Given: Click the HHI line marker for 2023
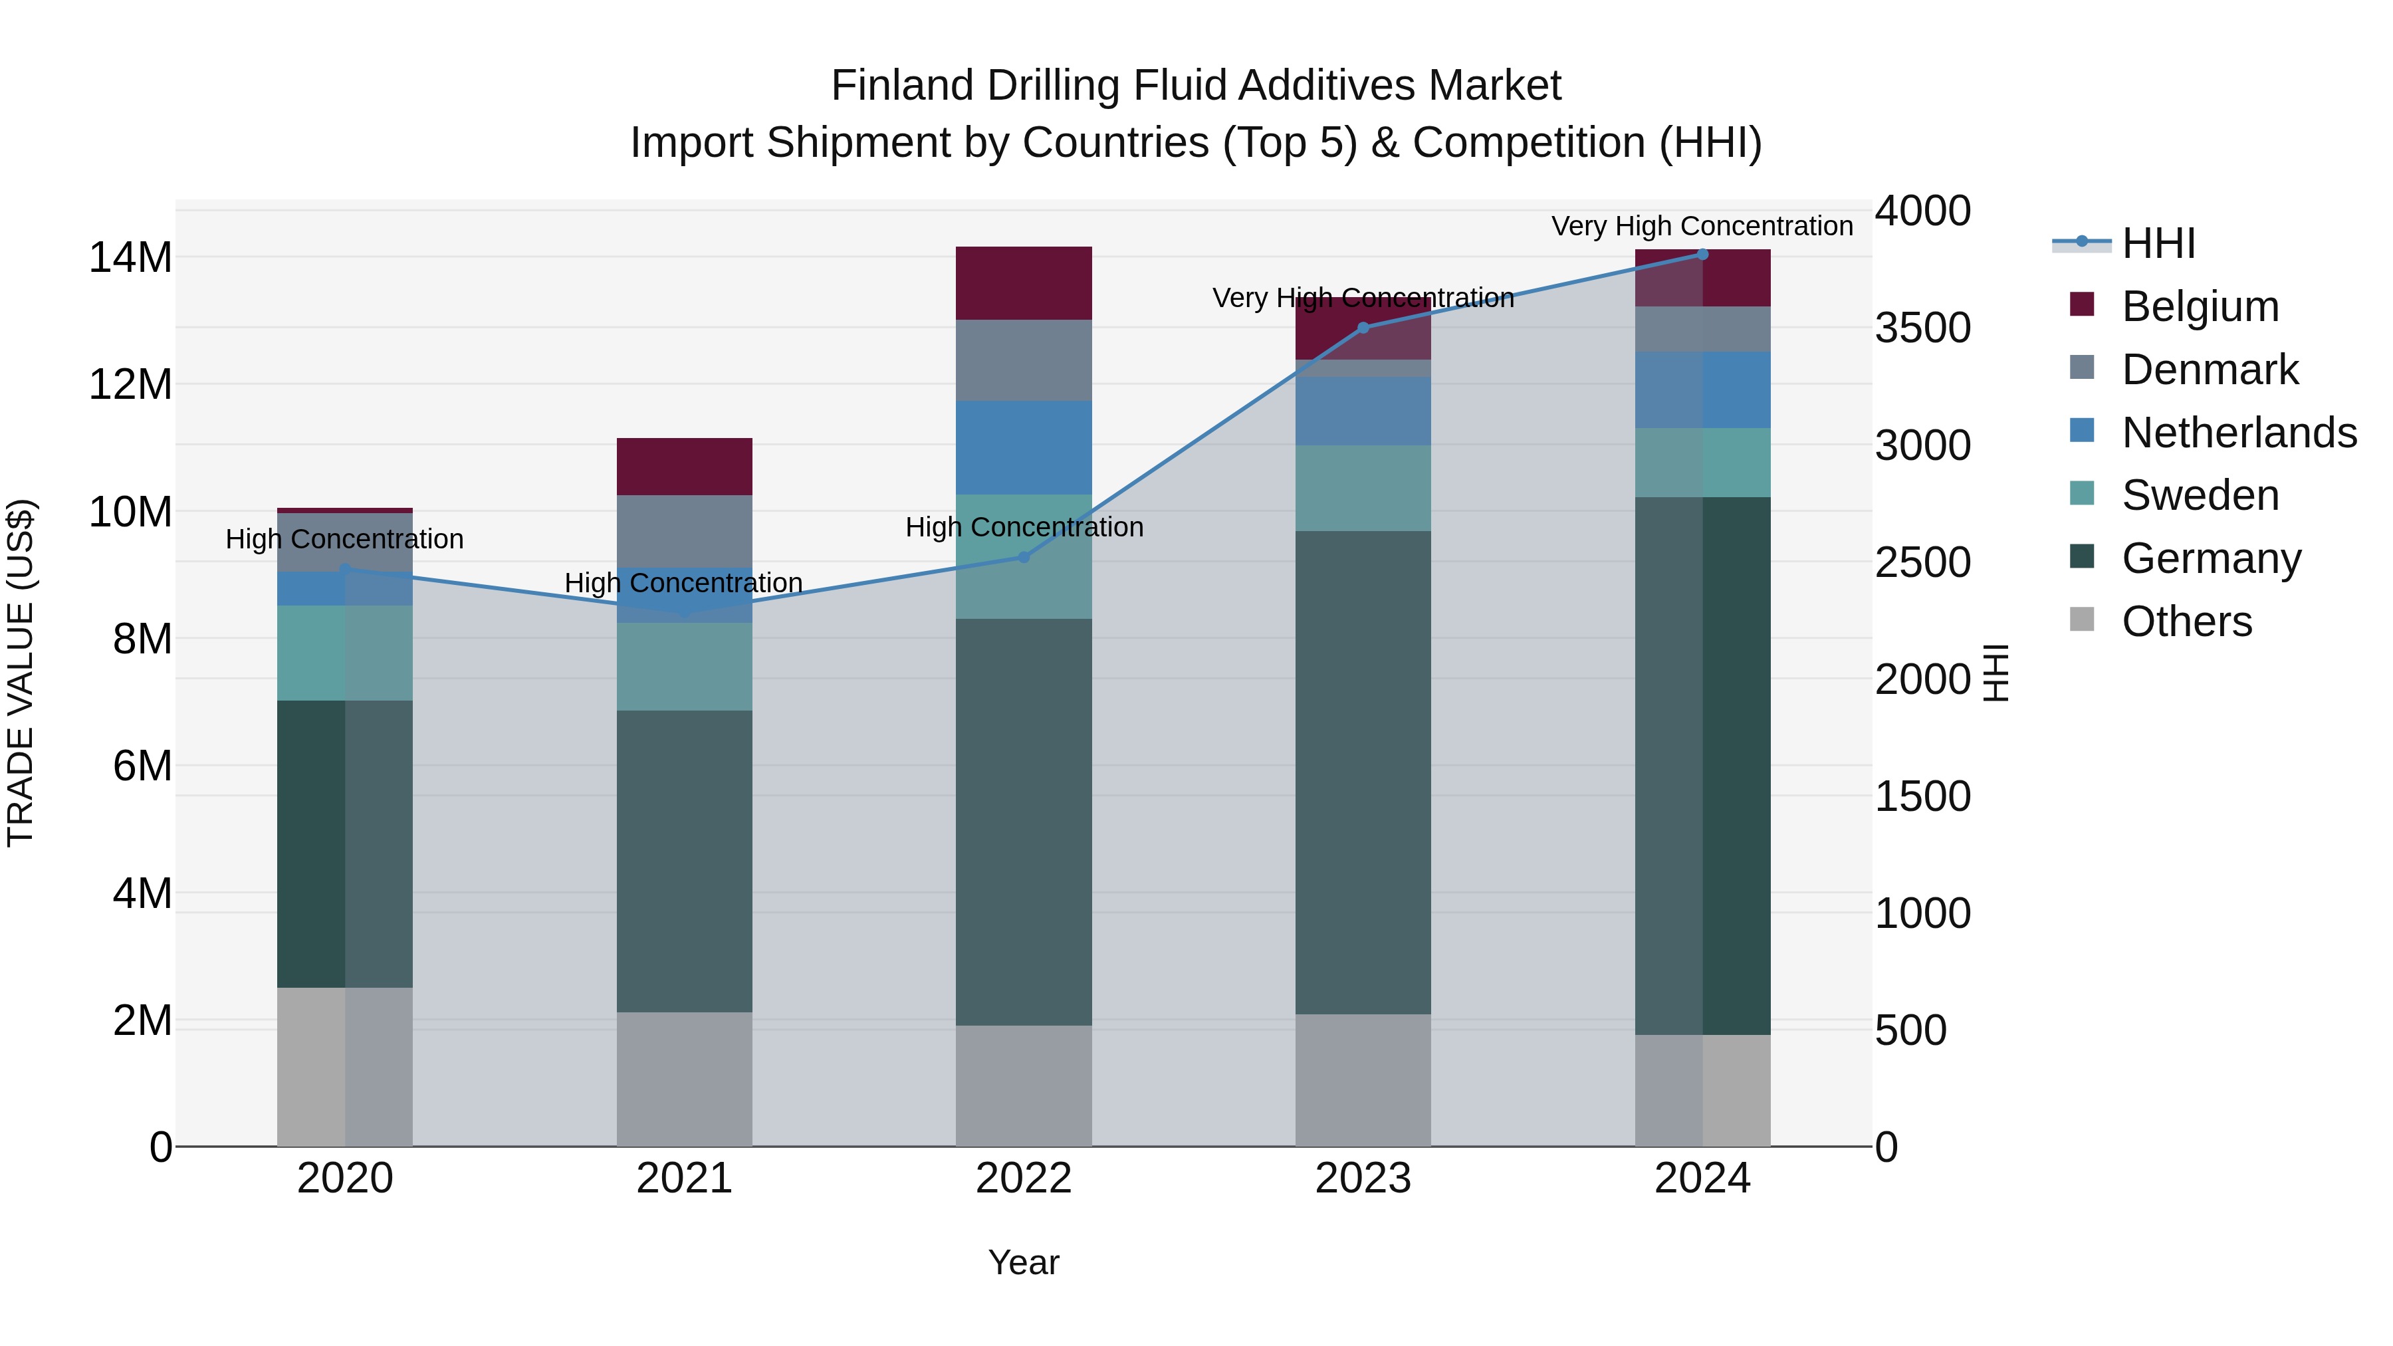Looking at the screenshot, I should pos(1363,328).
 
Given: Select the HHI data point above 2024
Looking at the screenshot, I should pos(1702,255).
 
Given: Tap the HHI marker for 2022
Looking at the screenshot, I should pos(1024,558).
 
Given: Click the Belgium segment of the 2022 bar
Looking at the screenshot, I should pos(1024,283).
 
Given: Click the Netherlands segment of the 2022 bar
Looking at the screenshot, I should pos(1024,448).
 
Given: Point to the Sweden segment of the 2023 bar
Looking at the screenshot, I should pos(1363,488).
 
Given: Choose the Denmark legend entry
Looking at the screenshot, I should pos(2209,370).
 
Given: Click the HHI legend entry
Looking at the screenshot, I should pos(2158,243).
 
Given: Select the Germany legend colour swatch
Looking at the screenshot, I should pos(2082,558).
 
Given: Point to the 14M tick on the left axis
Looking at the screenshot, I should pos(130,257).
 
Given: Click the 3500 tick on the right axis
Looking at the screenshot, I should pos(1922,328).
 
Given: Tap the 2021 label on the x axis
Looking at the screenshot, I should pos(685,1178).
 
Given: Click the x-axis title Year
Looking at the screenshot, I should pos(1024,1262).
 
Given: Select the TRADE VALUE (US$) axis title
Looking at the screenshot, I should pos(21,673).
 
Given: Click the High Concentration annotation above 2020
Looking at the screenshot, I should pos(344,539).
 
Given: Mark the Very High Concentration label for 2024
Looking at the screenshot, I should pos(1702,226).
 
